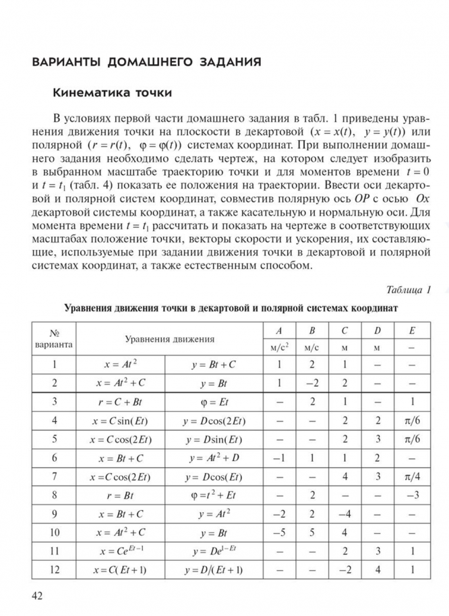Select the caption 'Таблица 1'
409,290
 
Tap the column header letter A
278,331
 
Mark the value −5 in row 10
278,533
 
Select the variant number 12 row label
55,571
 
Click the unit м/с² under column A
278,348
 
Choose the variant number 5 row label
55,439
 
